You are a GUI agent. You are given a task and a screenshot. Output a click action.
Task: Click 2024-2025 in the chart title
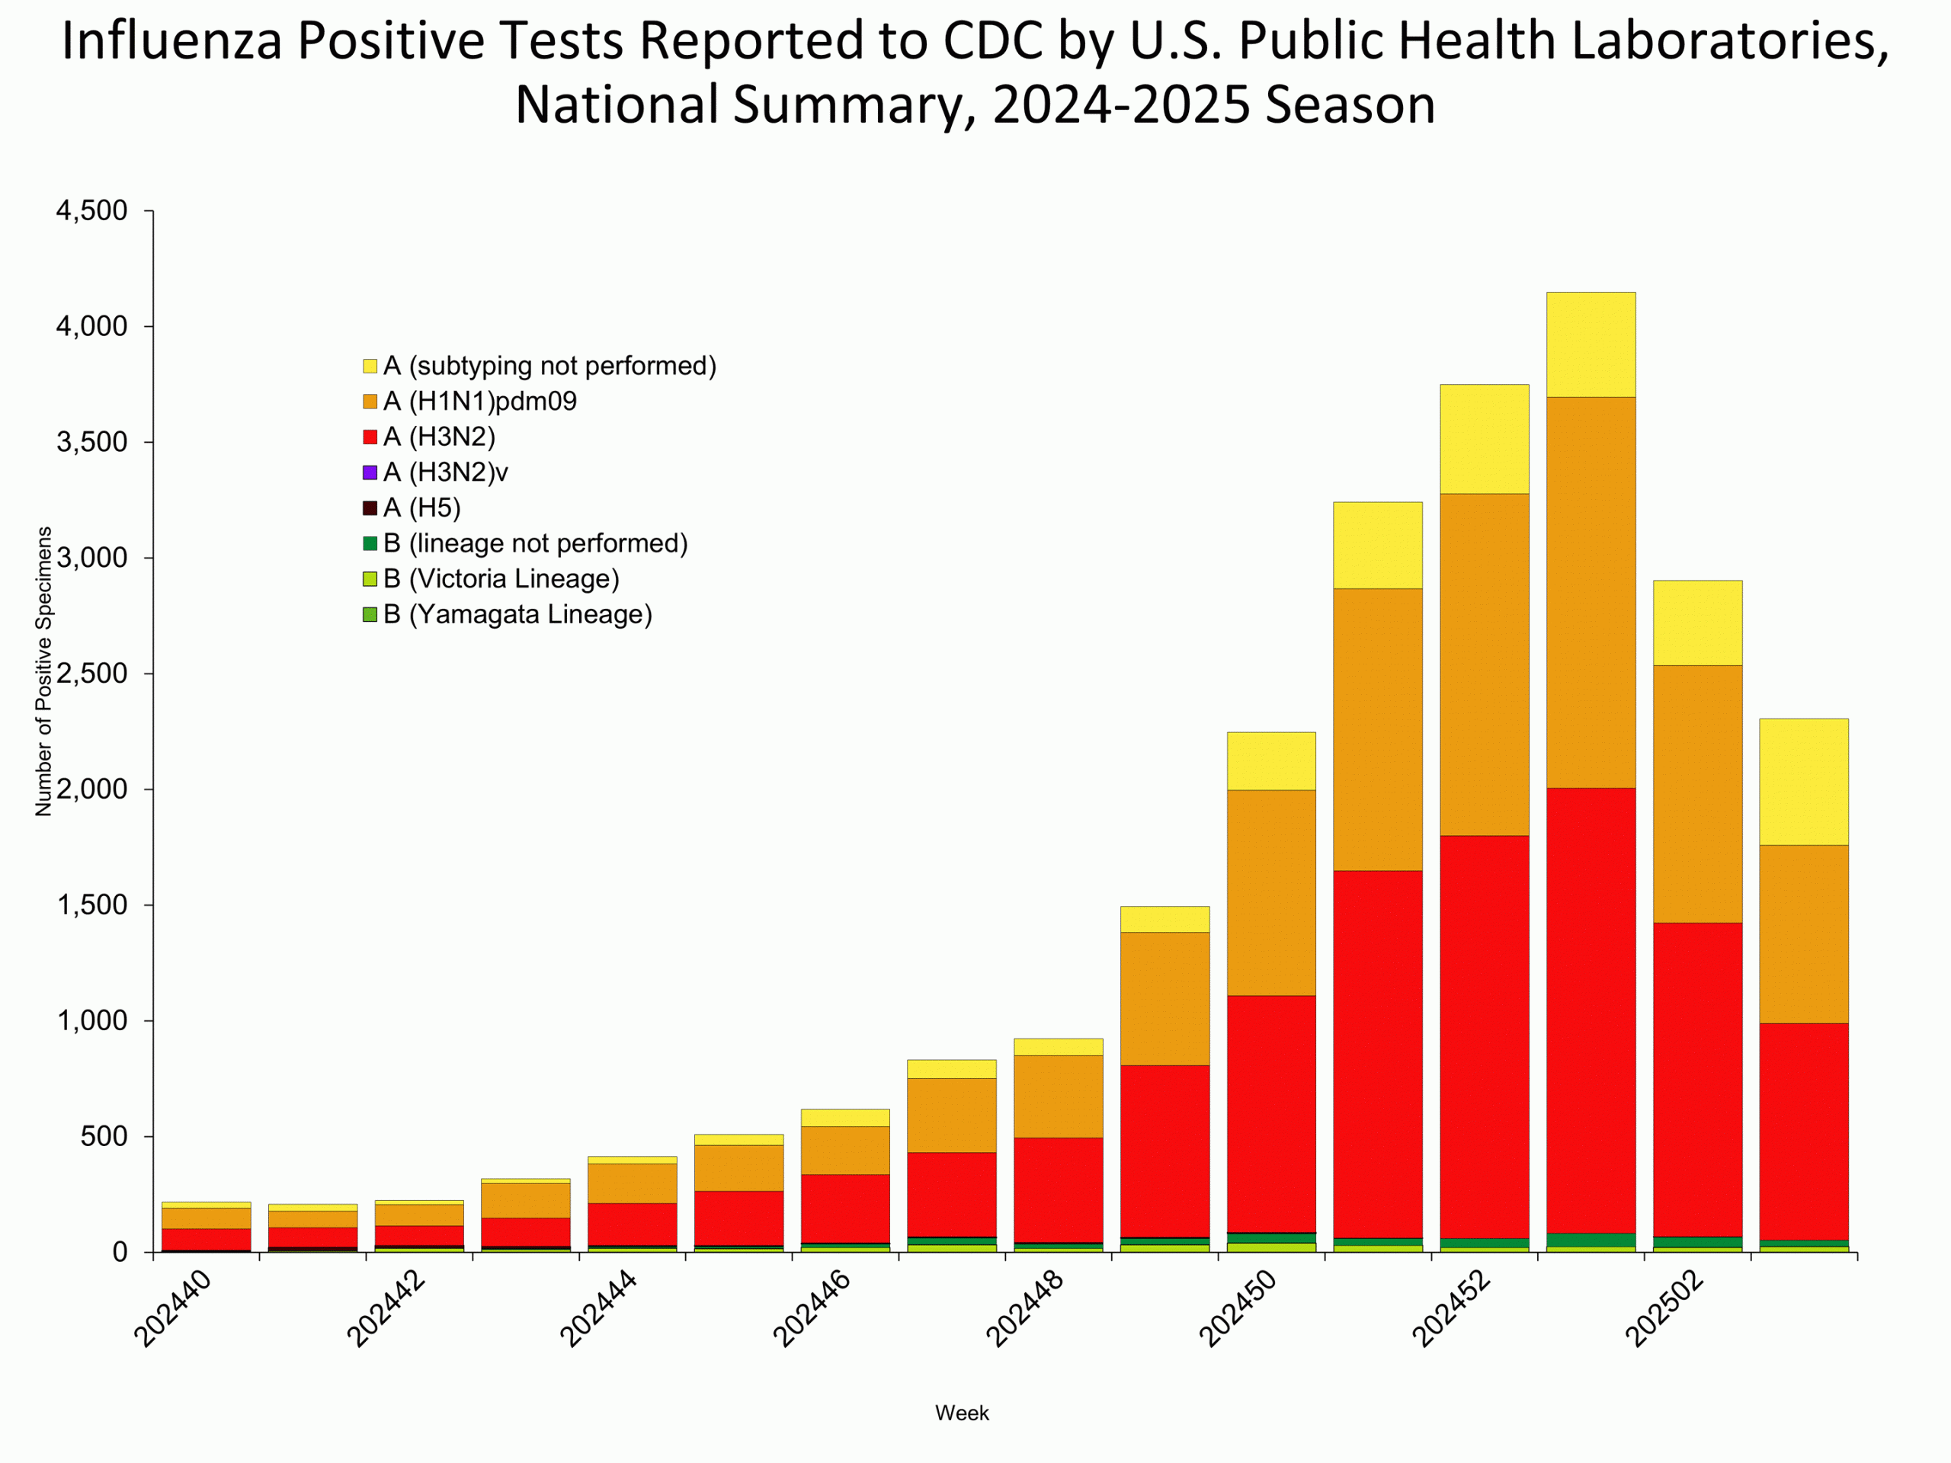[x=1122, y=104]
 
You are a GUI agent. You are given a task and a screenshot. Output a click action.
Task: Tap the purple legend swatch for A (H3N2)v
[x=370, y=472]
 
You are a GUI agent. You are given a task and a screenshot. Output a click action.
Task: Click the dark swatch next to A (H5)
[x=370, y=508]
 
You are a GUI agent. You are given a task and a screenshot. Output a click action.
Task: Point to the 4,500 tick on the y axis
[x=91, y=211]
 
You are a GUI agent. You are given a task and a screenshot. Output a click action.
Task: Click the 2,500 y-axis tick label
[x=91, y=674]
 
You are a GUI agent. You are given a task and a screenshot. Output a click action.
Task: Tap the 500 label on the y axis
[x=104, y=1137]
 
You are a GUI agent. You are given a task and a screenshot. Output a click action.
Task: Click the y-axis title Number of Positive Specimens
[x=43, y=671]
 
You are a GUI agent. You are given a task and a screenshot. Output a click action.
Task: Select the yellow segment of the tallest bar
[x=1591, y=345]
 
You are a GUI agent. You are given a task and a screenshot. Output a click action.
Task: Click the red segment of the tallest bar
[x=1591, y=1010]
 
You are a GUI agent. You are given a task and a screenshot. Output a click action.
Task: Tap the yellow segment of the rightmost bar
[x=1804, y=783]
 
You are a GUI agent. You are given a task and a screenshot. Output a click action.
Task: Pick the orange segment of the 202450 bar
[x=1271, y=892]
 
